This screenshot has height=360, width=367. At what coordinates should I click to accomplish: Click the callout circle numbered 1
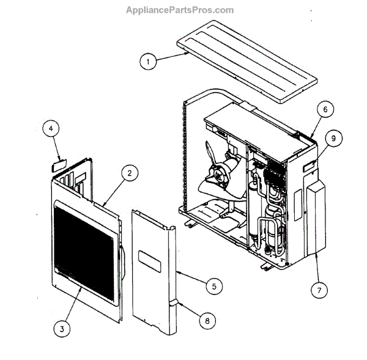point(147,61)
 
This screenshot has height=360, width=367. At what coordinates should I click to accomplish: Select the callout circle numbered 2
point(129,174)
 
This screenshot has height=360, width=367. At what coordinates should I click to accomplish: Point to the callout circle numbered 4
point(51,129)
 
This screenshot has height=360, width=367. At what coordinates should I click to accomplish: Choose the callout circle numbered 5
point(213,285)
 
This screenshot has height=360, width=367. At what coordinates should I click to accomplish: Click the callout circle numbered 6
point(325,110)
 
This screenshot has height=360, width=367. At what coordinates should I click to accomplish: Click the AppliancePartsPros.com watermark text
point(180,10)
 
